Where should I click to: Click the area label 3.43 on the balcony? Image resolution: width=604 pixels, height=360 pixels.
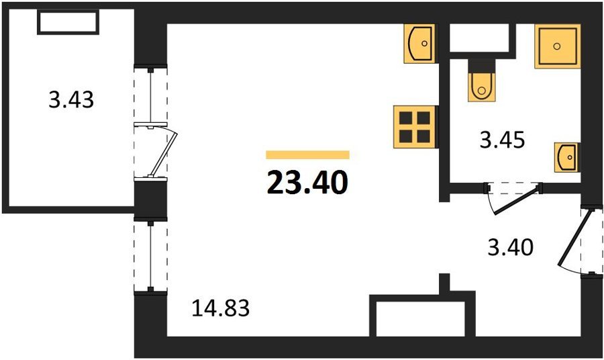pyautogui.click(x=71, y=99)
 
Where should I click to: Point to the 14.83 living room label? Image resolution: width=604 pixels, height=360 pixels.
pyautogui.click(x=221, y=308)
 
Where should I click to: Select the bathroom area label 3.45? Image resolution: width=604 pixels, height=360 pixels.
pyautogui.click(x=502, y=140)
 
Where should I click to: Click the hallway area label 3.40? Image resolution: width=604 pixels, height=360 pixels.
pyautogui.click(x=511, y=247)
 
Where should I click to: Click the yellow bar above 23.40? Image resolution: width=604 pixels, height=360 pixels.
pyautogui.click(x=307, y=154)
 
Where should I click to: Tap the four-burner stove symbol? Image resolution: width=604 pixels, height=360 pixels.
pyautogui.click(x=415, y=127)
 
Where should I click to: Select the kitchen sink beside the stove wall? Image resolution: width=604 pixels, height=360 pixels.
pyautogui.click(x=419, y=43)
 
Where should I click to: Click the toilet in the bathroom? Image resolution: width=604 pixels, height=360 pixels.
pyautogui.click(x=481, y=87)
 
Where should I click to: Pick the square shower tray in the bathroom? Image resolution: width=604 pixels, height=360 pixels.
pyautogui.click(x=558, y=46)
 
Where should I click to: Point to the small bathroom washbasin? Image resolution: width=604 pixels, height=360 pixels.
pyautogui.click(x=567, y=157)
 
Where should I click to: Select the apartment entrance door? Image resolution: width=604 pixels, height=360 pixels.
pyautogui.click(x=575, y=242)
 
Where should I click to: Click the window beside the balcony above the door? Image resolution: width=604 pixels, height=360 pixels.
pyautogui.click(x=150, y=95)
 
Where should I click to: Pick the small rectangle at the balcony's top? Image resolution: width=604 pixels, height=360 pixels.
pyautogui.click(x=68, y=22)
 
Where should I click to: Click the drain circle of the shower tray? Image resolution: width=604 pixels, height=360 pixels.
pyautogui.click(x=556, y=46)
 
